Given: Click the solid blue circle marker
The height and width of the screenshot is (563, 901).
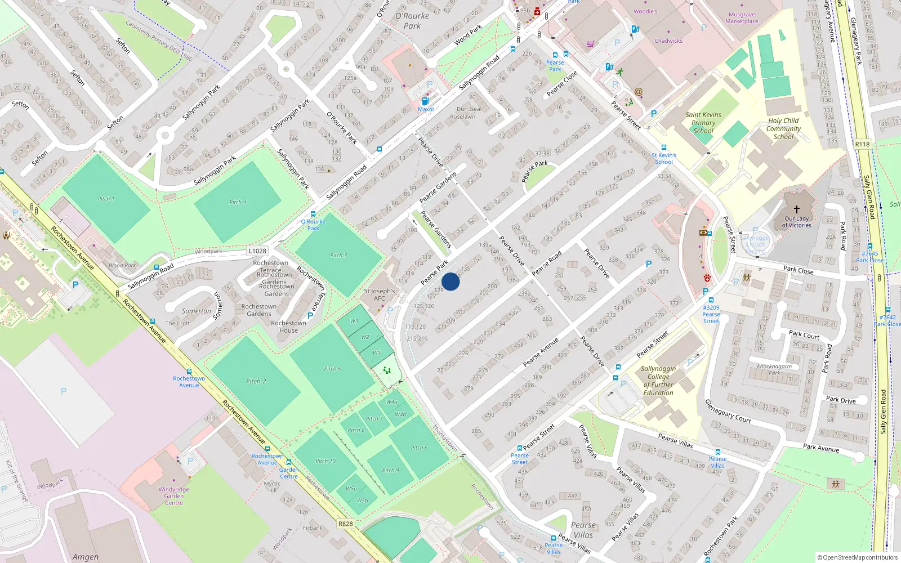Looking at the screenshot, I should pyautogui.click(x=450, y=281).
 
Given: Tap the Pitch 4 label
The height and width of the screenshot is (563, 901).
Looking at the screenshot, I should pyautogui.click(x=238, y=202).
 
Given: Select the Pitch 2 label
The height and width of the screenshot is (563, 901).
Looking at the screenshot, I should pyautogui.click(x=256, y=381).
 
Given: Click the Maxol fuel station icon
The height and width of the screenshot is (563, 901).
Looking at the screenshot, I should pyautogui.click(x=425, y=101).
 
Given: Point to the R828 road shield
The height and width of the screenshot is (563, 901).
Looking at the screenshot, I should pyautogui.click(x=346, y=524).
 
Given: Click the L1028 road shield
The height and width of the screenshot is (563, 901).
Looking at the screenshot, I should pyautogui.click(x=257, y=251).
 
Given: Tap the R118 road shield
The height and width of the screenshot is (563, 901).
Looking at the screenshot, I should pyautogui.click(x=862, y=144).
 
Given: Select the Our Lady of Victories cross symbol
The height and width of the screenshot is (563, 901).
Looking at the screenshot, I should pyautogui.click(x=796, y=209).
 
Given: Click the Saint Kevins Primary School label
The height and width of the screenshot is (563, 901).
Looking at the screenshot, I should pyautogui.click(x=703, y=123).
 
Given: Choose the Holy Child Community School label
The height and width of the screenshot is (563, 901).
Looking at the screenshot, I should pyautogui.click(x=783, y=128).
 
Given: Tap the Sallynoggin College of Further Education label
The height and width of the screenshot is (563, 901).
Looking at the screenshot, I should pyautogui.click(x=658, y=381).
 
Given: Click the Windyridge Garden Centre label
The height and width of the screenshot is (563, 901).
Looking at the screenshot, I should pyautogui.click(x=173, y=496).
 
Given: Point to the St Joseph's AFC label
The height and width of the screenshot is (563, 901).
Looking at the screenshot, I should pyautogui.click(x=379, y=294).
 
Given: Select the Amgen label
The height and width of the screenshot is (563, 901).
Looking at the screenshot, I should pyautogui.click(x=85, y=557).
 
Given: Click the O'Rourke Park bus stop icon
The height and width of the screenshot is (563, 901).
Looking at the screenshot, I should pyautogui.click(x=313, y=214).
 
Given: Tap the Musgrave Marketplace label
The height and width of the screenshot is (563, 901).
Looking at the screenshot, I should pyautogui.click(x=742, y=18).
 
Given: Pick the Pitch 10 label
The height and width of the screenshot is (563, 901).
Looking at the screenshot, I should pyautogui.click(x=325, y=461).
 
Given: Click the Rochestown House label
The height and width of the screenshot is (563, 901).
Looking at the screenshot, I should pyautogui.click(x=288, y=327).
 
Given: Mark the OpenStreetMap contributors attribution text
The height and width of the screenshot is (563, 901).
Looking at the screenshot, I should pyautogui.click(x=857, y=557).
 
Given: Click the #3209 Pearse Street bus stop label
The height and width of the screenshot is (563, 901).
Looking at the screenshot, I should pyautogui.click(x=711, y=314).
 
